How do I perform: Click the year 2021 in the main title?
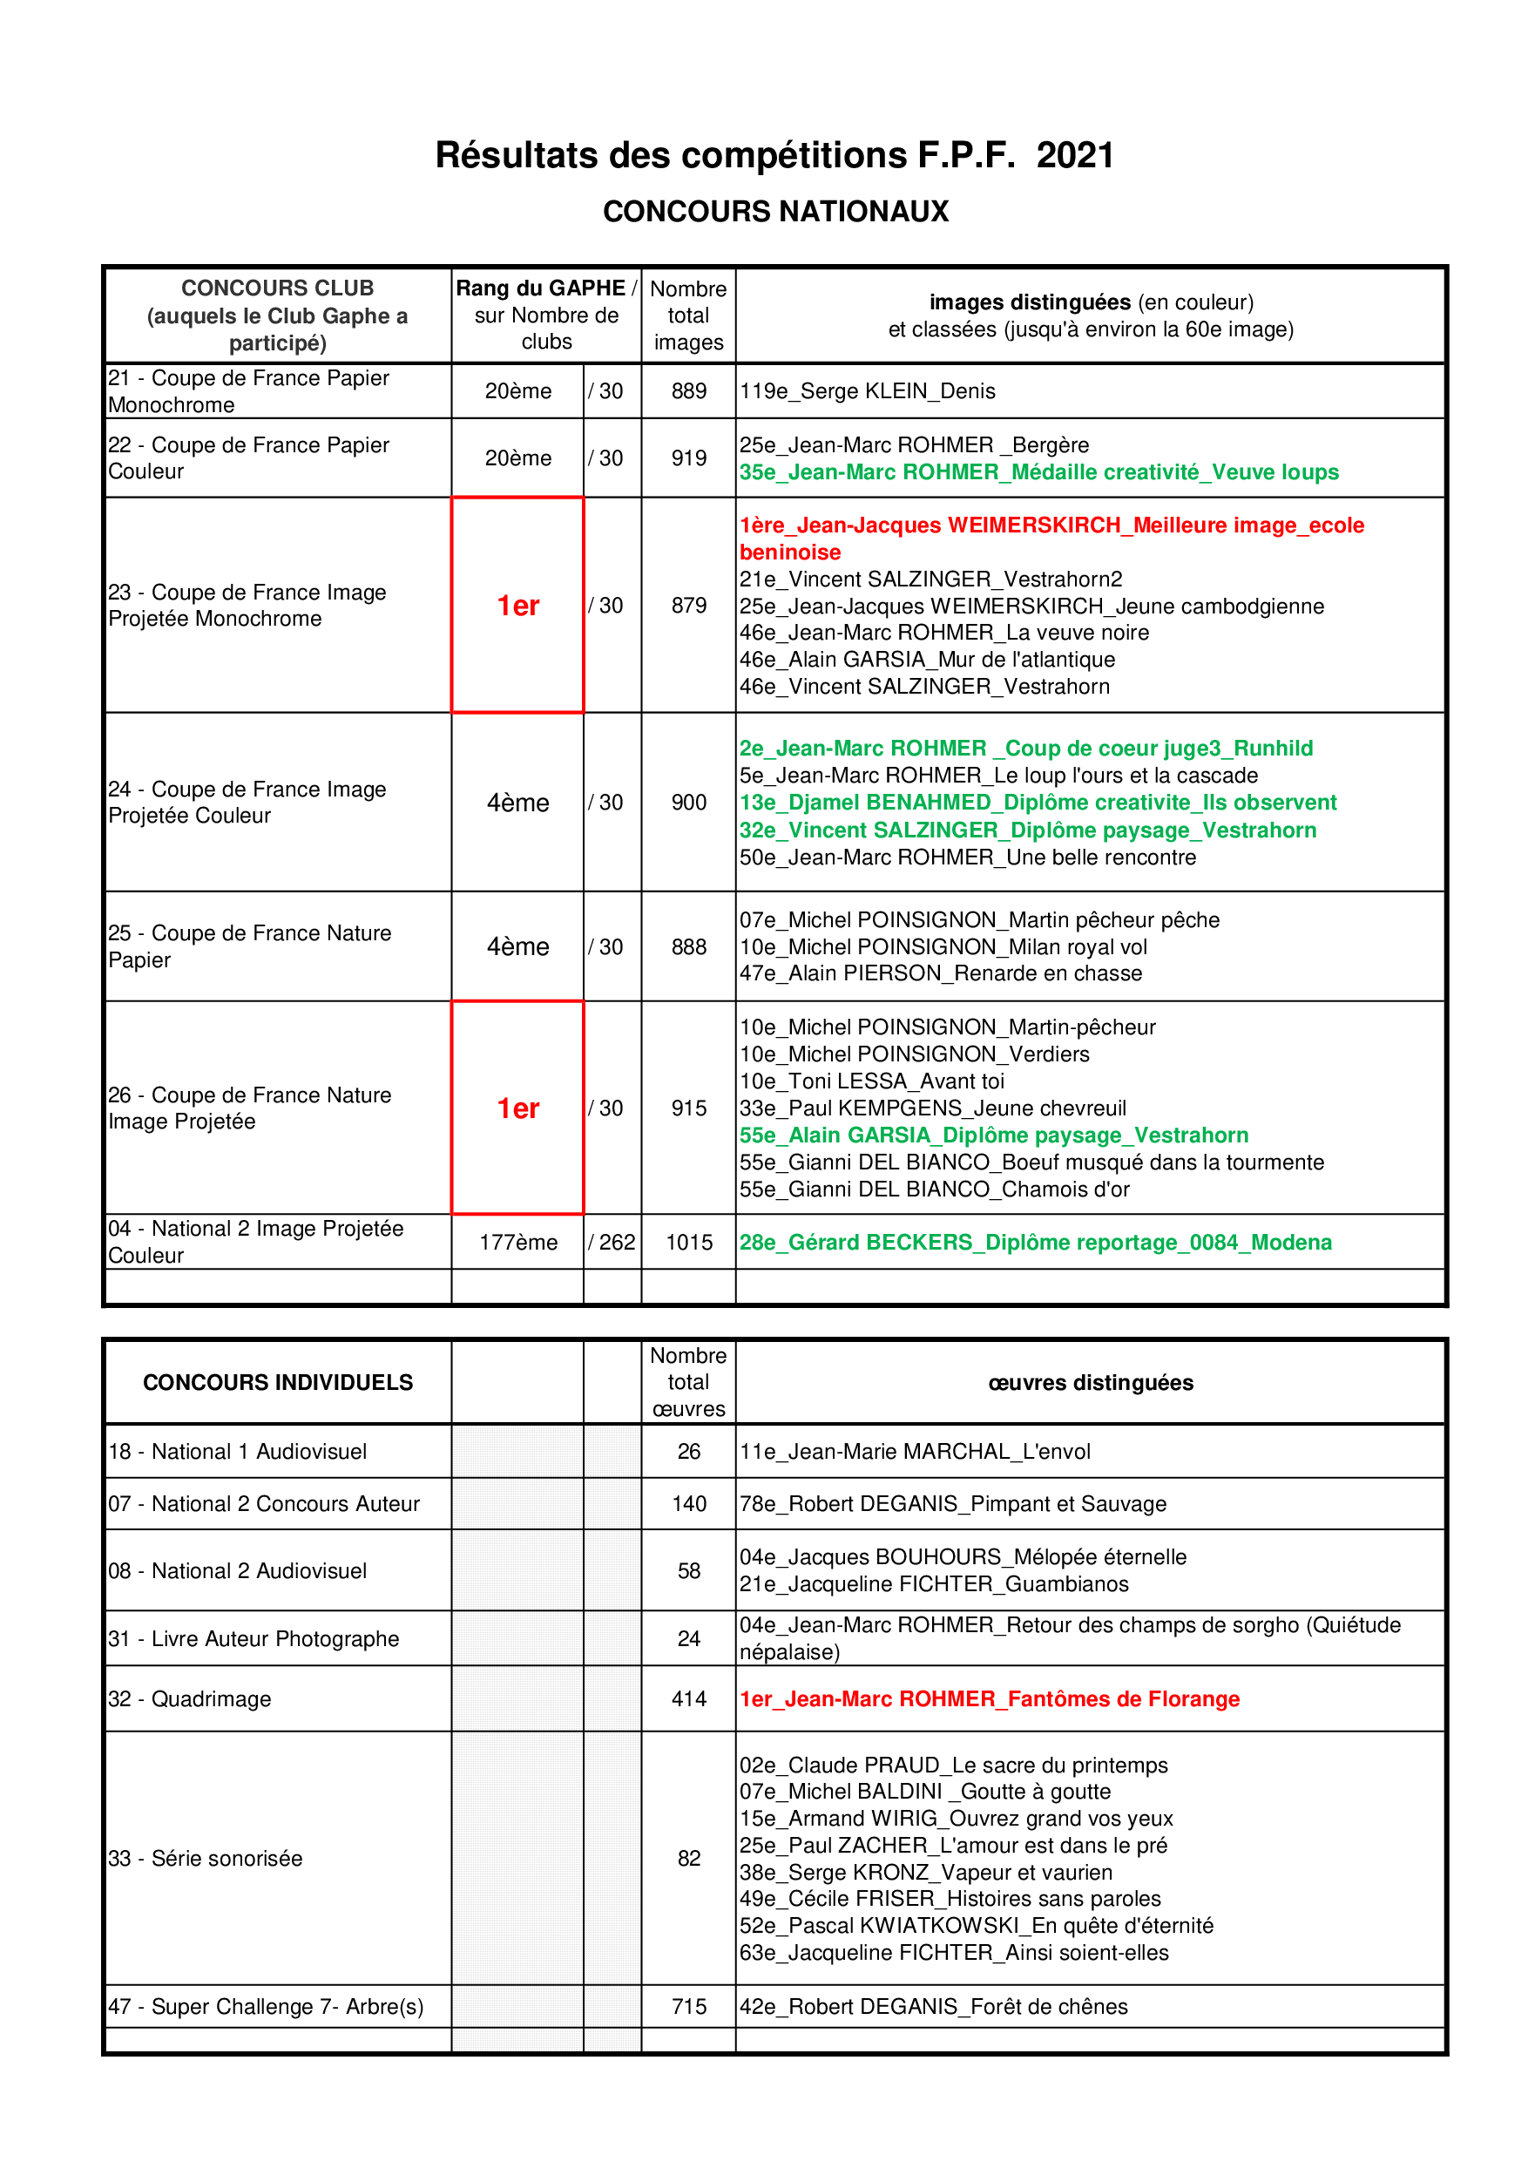coord(1074,155)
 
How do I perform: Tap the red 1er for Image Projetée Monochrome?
coord(517,606)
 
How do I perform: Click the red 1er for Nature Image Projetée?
coord(517,1108)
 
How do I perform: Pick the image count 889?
coord(688,390)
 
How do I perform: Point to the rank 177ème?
coord(517,1242)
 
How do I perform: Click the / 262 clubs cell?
coord(612,1242)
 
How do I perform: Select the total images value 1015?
coord(688,1242)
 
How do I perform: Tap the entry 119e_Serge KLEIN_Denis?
coord(867,390)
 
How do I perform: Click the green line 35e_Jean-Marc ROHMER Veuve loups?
coord(1038,471)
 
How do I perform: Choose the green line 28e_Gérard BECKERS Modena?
coord(1035,1242)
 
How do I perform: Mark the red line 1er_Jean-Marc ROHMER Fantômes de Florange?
coord(989,1698)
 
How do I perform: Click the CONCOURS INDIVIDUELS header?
coord(278,1382)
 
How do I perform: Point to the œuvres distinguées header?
coord(1090,1382)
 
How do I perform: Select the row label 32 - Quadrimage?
coord(190,1698)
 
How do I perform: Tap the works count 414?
coord(688,1698)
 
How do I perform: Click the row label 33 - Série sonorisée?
coord(206,1858)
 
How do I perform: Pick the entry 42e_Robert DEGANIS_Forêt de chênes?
coord(933,2007)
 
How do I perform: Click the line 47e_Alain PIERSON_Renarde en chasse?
coord(941,973)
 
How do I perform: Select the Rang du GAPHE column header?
coord(546,315)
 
